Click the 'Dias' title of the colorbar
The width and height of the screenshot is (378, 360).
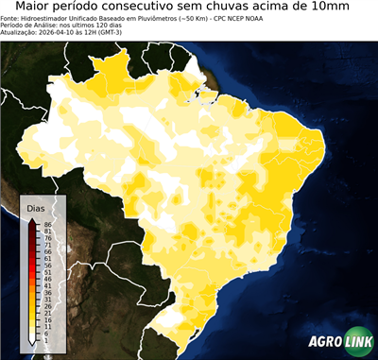(x=36, y=207)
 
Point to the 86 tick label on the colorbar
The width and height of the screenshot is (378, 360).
(x=47, y=224)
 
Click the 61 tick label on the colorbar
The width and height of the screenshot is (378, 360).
(x=47, y=259)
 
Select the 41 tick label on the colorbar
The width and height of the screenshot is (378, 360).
(x=47, y=286)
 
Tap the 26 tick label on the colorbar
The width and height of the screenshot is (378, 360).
(x=47, y=307)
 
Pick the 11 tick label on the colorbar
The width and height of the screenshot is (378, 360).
(x=47, y=327)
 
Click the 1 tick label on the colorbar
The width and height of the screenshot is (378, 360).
(x=45, y=341)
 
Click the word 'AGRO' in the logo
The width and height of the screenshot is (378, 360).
(x=324, y=342)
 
